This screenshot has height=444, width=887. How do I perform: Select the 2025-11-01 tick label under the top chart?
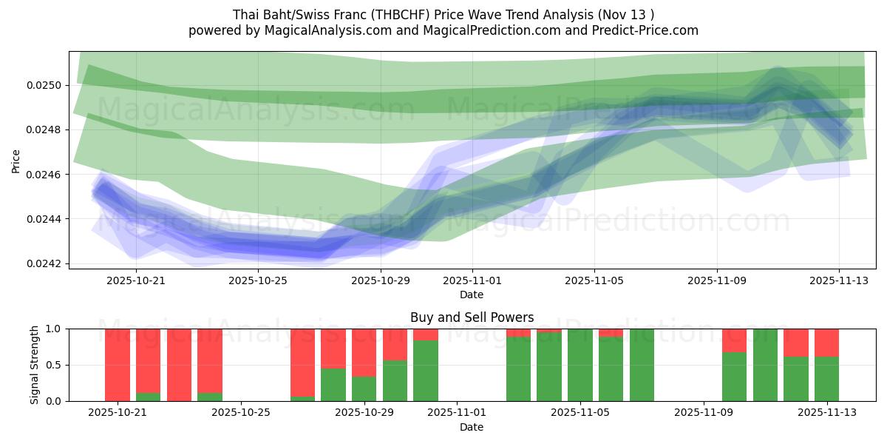(472, 280)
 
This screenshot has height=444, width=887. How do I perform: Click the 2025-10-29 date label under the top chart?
(381, 280)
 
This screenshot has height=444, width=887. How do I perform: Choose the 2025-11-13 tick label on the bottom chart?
(826, 413)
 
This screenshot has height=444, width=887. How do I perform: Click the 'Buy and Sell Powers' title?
(472, 317)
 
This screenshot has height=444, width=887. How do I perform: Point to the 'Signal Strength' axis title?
(35, 365)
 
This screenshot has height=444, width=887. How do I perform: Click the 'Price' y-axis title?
(16, 161)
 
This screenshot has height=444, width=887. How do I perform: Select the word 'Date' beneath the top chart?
(472, 295)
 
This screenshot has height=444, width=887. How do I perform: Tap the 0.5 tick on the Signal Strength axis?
(52, 365)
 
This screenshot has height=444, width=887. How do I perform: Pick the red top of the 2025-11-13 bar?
(826, 343)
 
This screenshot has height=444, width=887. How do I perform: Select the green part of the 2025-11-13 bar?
(826, 379)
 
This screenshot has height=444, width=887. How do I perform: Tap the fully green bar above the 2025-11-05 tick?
(580, 365)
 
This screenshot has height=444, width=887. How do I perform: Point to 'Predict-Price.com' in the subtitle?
(646, 30)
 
